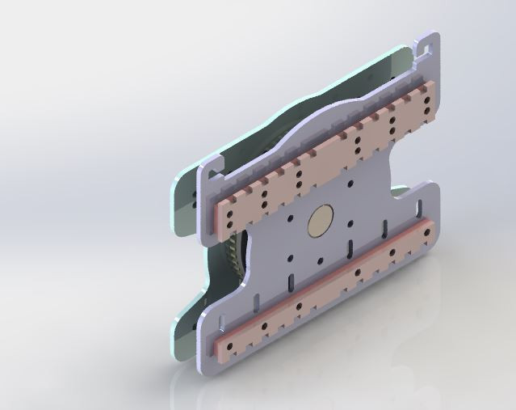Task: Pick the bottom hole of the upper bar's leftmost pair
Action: tap(232, 222)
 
